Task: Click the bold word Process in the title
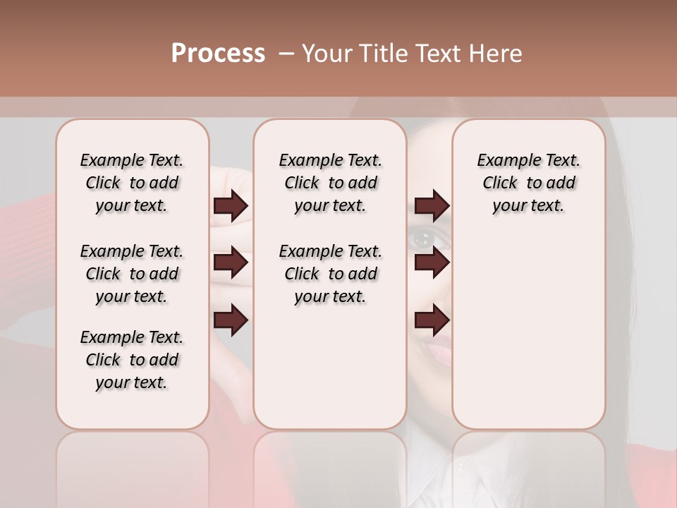click(218, 54)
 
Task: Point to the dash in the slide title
click(286, 54)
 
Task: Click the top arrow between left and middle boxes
click(231, 205)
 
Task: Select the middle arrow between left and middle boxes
click(231, 262)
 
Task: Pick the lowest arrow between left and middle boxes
click(231, 320)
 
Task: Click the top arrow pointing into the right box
click(432, 205)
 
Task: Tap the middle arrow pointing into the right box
click(432, 262)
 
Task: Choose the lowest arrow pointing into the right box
click(432, 320)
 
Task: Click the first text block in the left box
click(132, 183)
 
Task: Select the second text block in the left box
click(132, 274)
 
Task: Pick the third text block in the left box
click(132, 360)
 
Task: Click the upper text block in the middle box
click(330, 183)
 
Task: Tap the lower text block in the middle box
click(330, 274)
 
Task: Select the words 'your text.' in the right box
click(528, 206)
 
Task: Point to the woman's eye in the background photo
click(424, 239)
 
